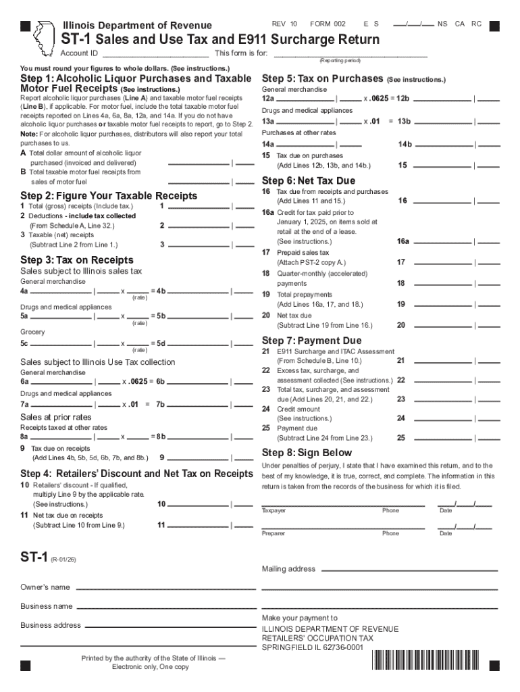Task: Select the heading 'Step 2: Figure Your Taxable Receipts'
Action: click(x=109, y=196)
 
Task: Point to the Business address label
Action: click(x=51, y=626)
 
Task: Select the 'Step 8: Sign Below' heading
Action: click(x=307, y=453)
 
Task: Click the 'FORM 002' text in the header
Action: click(x=328, y=24)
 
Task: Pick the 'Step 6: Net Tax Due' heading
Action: click(x=308, y=181)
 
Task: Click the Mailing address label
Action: click(x=288, y=569)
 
